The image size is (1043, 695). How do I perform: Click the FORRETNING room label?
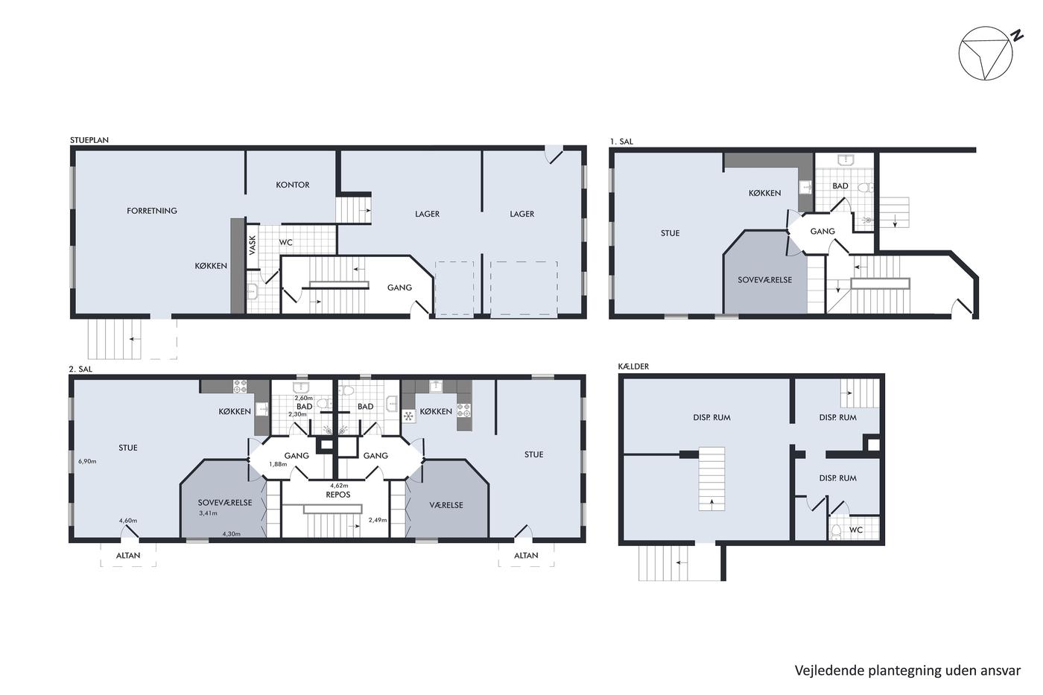(x=152, y=211)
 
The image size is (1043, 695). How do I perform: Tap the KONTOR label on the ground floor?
(x=292, y=185)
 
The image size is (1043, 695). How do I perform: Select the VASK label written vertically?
(x=253, y=245)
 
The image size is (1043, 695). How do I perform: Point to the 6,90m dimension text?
(x=87, y=461)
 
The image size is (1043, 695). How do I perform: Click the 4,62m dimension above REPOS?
(x=339, y=486)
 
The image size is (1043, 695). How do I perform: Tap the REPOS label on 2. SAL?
(x=338, y=495)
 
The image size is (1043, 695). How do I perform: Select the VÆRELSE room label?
(x=446, y=504)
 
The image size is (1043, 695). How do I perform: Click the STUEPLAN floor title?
(x=89, y=139)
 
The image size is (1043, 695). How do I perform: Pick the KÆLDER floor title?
(x=633, y=366)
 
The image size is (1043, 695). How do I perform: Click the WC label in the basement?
(x=856, y=530)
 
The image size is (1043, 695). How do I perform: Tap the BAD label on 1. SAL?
(x=840, y=185)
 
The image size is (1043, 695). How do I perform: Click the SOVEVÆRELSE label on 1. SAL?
(x=764, y=280)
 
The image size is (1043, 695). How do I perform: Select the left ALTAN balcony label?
(x=128, y=556)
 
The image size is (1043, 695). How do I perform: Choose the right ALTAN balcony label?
(x=526, y=556)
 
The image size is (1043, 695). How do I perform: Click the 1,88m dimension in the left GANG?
(x=278, y=463)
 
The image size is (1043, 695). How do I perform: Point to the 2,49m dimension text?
(x=378, y=520)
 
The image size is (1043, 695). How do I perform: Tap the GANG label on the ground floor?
(x=399, y=288)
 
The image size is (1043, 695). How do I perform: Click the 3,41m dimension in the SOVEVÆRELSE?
(x=208, y=513)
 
